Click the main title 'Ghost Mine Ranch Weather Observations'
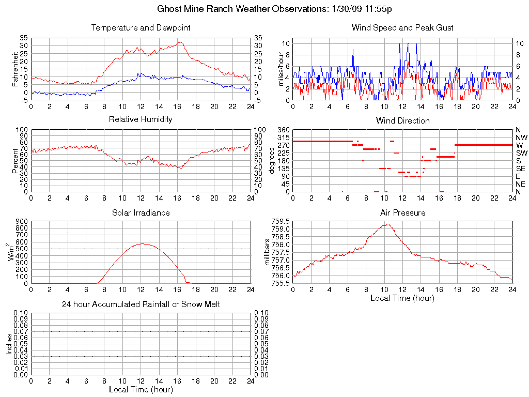click(241, 9)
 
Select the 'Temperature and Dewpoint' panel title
click(141, 27)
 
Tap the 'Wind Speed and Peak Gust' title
click(402, 27)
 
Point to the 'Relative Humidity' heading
click(141, 119)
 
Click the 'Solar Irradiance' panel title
click(141, 212)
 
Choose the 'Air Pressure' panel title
click(402, 212)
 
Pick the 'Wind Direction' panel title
click(402, 120)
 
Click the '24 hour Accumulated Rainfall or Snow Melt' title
click(141, 304)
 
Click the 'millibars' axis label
click(268, 252)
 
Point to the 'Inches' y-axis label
click(9, 344)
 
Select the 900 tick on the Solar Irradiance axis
click(21, 221)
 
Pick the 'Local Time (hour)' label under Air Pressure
click(402, 298)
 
